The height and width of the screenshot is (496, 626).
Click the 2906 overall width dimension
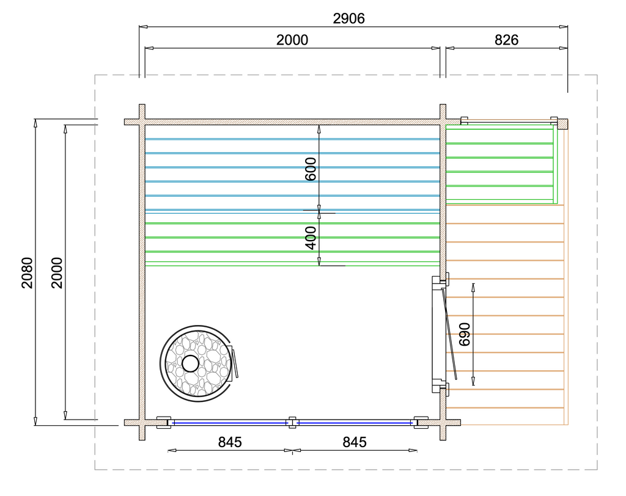point(348,19)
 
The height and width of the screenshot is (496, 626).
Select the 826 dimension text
point(506,40)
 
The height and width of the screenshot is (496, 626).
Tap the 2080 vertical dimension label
point(27,272)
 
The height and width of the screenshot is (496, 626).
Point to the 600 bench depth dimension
point(310,169)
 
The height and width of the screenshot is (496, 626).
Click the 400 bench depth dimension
point(310,238)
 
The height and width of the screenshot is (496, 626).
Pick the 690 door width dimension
point(465,334)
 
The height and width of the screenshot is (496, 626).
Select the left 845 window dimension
point(230,442)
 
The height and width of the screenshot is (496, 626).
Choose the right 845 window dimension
point(355,442)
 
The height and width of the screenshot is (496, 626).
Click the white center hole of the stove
point(191,363)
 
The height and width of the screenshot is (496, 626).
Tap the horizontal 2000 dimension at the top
point(292,40)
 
